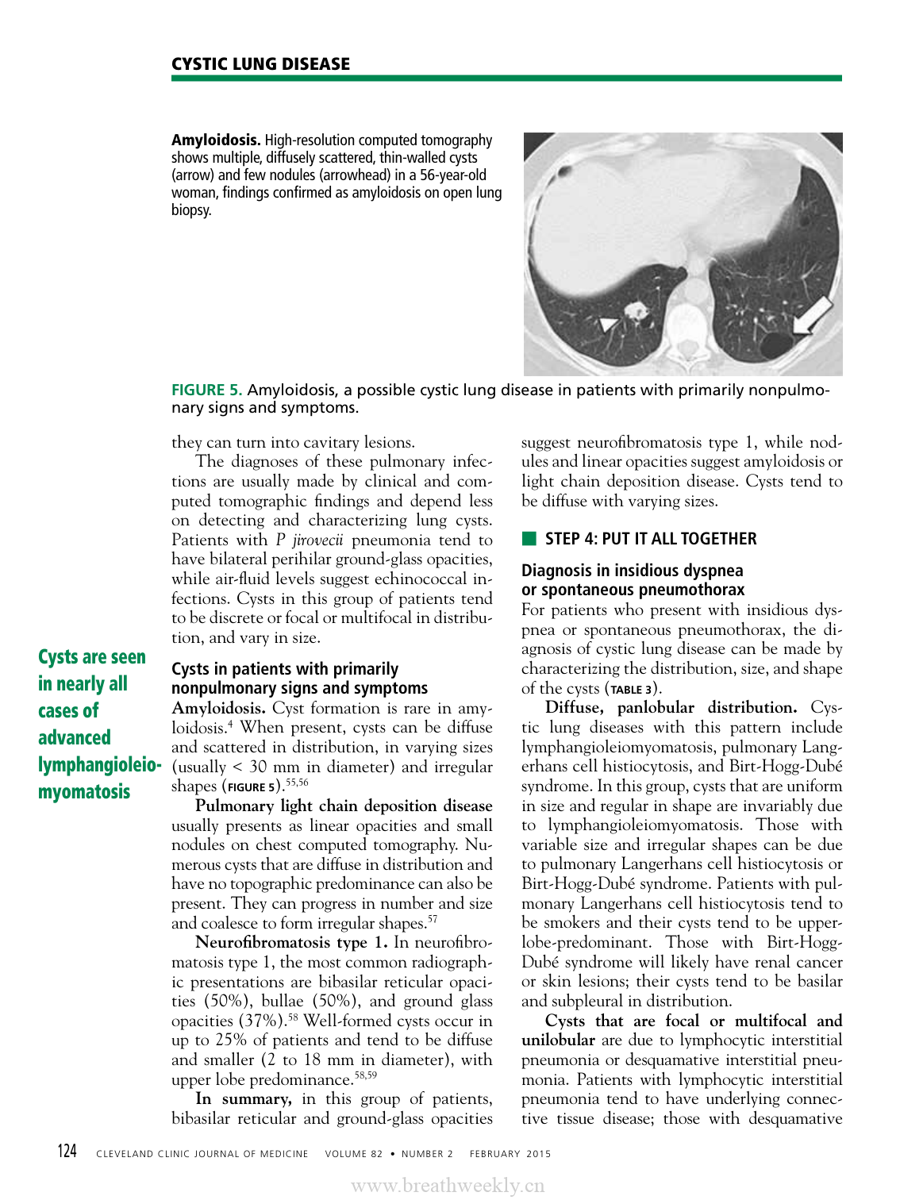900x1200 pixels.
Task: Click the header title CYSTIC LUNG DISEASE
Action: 260,64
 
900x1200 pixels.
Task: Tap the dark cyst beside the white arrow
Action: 775,345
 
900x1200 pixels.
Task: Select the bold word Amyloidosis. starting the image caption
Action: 216,140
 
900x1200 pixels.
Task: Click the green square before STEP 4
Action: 529,540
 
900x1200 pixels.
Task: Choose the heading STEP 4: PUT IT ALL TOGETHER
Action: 650,539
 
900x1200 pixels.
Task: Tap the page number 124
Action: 67,1152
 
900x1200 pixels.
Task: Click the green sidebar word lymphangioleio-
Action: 99,764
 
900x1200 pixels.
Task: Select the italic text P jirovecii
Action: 310,540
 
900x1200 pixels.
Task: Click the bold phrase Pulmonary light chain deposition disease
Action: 344,806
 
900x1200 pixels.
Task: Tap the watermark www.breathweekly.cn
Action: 448,1186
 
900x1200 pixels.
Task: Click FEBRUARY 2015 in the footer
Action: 510,1154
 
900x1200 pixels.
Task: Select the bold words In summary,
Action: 244,1099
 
